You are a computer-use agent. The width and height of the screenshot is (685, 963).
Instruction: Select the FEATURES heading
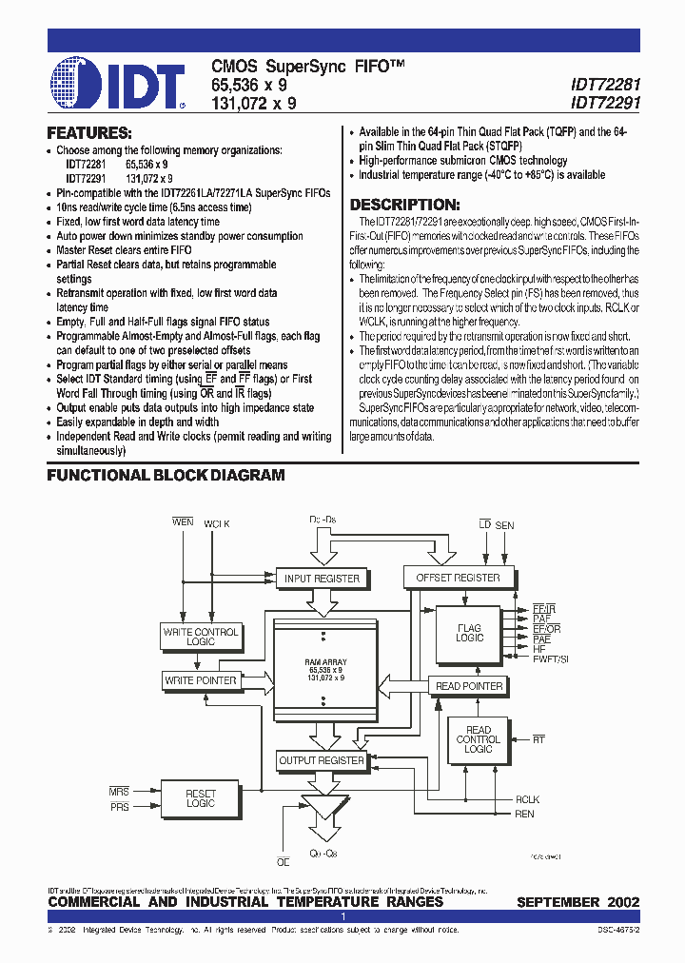(89, 132)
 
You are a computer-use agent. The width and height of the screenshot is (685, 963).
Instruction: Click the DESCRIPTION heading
(405, 205)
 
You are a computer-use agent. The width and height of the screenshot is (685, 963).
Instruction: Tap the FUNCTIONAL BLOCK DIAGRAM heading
(166, 475)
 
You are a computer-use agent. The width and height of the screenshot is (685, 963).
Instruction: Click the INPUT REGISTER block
(323, 578)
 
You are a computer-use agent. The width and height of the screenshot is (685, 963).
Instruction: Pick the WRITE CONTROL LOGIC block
(202, 637)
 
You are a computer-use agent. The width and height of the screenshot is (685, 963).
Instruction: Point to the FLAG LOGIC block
(469, 633)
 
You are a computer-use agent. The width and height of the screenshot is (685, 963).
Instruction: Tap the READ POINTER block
(469, 685)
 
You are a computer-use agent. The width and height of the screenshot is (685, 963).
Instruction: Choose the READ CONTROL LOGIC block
(479, 739)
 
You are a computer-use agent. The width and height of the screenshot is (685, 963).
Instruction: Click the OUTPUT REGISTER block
(322, 760)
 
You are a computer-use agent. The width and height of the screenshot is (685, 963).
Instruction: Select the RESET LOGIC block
(201, 797)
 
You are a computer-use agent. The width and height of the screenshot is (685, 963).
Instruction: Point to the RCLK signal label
(527, 799)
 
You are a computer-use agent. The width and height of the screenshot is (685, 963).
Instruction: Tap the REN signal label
(524, 814)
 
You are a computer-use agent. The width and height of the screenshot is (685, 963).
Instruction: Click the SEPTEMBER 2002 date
(577, 902)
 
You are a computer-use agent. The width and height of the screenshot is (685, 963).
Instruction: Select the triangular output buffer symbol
(322, 816)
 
